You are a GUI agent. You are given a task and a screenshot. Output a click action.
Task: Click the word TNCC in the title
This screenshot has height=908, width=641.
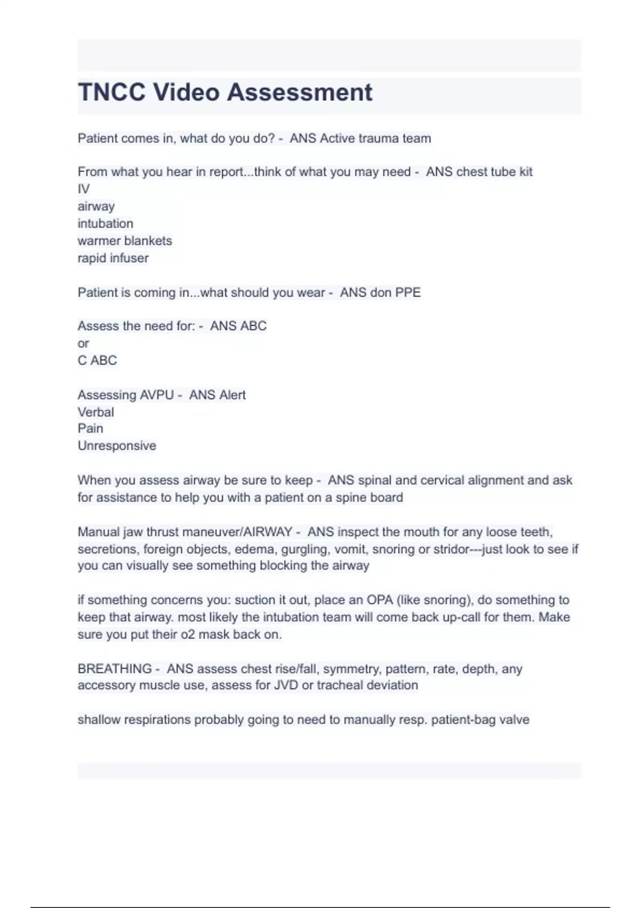click(x=111, y=92)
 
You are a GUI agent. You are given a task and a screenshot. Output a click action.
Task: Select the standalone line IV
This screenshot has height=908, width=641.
click(x=83, y=189)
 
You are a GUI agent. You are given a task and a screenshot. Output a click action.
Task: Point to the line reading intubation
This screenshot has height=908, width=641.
click(x=105, y=223)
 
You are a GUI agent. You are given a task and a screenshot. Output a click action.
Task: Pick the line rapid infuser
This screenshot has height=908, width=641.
click(x=113, y=258)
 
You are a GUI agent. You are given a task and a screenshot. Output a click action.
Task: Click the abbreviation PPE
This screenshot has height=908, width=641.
click(x=408, y=293)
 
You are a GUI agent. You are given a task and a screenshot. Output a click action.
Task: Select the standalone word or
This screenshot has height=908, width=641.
click(x=83, y=343)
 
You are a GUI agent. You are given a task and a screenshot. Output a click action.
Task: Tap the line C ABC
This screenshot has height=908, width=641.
click(x=97, y=361)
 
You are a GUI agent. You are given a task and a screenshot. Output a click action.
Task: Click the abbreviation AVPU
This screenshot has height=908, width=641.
click(x=156, y=395)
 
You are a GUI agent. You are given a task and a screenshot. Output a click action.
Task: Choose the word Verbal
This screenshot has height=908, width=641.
click(x=96, y=412)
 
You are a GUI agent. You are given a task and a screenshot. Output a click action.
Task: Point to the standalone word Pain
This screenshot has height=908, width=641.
click(x=90, y=428)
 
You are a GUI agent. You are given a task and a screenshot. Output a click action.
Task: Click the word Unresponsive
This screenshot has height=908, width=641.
click(x=117, y=446)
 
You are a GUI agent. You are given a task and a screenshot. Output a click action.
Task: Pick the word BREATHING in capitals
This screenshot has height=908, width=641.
click(x=114, y=669)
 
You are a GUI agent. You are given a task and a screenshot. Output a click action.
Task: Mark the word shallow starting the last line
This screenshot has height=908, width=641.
click(x=99, y=720)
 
